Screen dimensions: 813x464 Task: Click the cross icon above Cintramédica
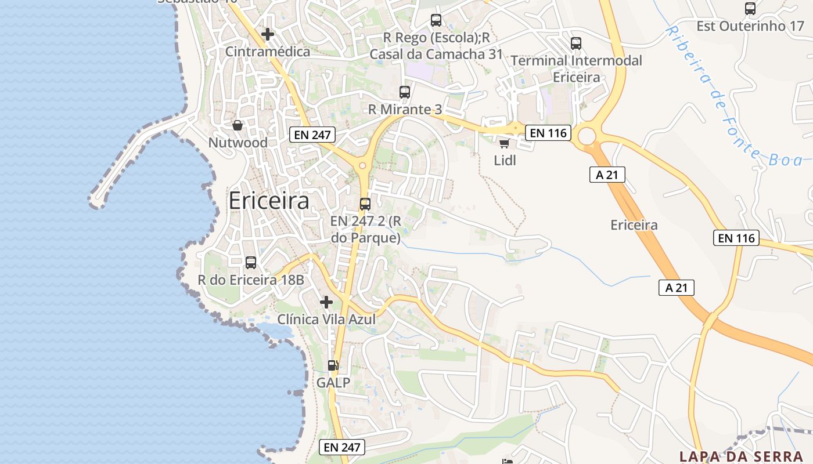(x=268, y=34)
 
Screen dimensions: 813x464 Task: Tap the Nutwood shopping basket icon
(x=238, y=125)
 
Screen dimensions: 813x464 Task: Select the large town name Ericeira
(x=269, y=201)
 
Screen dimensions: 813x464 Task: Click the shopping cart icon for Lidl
(x=504, y=143)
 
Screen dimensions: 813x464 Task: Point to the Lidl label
(x=505, y=160)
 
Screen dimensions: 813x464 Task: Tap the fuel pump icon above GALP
(x=333, y=365)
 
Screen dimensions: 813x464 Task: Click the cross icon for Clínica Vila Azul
(x=326, y=302)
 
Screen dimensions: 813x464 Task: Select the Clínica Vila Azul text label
(x=326, y=320)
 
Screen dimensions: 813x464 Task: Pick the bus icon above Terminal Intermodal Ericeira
(x=576, y=43)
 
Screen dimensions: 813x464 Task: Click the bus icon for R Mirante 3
(x=405, y=92)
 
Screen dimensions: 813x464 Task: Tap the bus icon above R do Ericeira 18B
(x=251, y=263)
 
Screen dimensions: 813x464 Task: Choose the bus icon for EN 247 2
(x=365, y=204)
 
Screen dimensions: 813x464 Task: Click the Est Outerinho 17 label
(x=750, y=26)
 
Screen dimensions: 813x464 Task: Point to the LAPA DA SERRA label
(x=741, y=456)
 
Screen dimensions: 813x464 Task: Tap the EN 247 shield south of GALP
(x=343, y=447)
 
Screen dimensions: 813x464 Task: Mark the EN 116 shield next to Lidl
(x=548, y=133)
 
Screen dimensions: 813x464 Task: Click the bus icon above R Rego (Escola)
(x=436, y=20)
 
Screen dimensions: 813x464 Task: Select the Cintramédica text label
(x=268, y=52)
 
